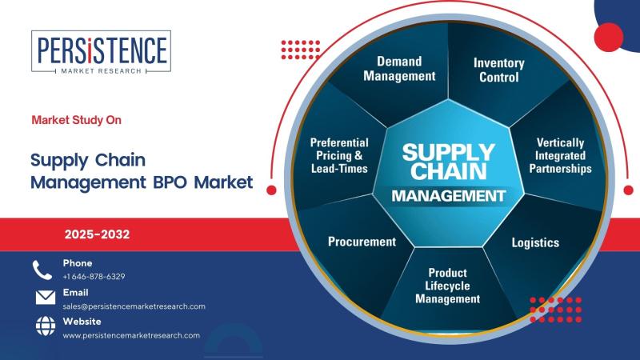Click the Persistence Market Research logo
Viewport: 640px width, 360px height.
(102, 52)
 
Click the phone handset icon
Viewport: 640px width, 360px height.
(42, 270)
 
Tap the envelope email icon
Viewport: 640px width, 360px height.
(46, 298)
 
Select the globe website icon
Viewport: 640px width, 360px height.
(46, 326)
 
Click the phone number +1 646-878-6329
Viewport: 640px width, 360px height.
(94, 276)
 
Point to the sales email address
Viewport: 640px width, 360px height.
(134, 306)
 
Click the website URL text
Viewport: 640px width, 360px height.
(131, 335)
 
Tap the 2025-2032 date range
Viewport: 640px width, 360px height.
(97, 234)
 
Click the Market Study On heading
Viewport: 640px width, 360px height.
(76, 120)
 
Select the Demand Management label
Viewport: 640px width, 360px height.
(399, 69)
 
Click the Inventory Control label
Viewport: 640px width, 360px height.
(498, 70)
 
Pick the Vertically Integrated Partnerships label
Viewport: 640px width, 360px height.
(561, 155)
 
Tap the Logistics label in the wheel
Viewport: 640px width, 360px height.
(535, 242)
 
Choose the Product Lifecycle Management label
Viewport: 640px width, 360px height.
(448, 286)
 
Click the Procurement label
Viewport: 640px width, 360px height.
(362, 242)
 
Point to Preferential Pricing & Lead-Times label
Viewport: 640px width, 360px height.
(339, 155)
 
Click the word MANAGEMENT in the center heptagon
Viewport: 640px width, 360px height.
(449, 196)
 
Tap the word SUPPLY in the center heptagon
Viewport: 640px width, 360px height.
(449, 153)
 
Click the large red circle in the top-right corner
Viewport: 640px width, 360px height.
(609, 37)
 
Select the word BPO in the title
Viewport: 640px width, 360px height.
(170, 182)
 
